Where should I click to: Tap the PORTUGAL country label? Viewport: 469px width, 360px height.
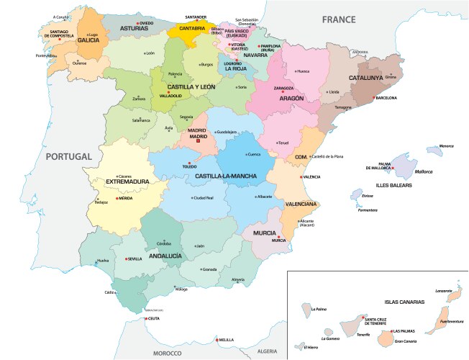pyautogui.click(x=68, y=156)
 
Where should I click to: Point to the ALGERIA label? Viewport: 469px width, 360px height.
pyautogui.click(x=267, y=351)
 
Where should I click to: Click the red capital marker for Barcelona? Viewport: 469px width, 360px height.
pyautogui.click(x=373, y=98)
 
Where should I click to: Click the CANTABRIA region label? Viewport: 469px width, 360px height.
pyautogui.click(x=191, y=29)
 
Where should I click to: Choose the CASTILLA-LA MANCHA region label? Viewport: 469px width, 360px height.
pyautogui.click(x=227, y=176)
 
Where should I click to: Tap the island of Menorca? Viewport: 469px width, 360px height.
pyautogui.click(x=434, y=150)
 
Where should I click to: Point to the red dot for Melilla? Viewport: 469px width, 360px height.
pyautogui.click(x=217, y=339)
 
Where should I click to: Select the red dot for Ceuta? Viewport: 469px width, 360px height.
pyautogui.click(x=146, y=318)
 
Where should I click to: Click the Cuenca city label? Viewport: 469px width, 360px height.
pyautogui.click(x=253, y=155)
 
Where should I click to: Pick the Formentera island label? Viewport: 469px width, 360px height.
pyautogui.click(x=368, y=210)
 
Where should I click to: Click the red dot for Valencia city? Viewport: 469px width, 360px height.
pyautogui.click(x=300, y=176)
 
